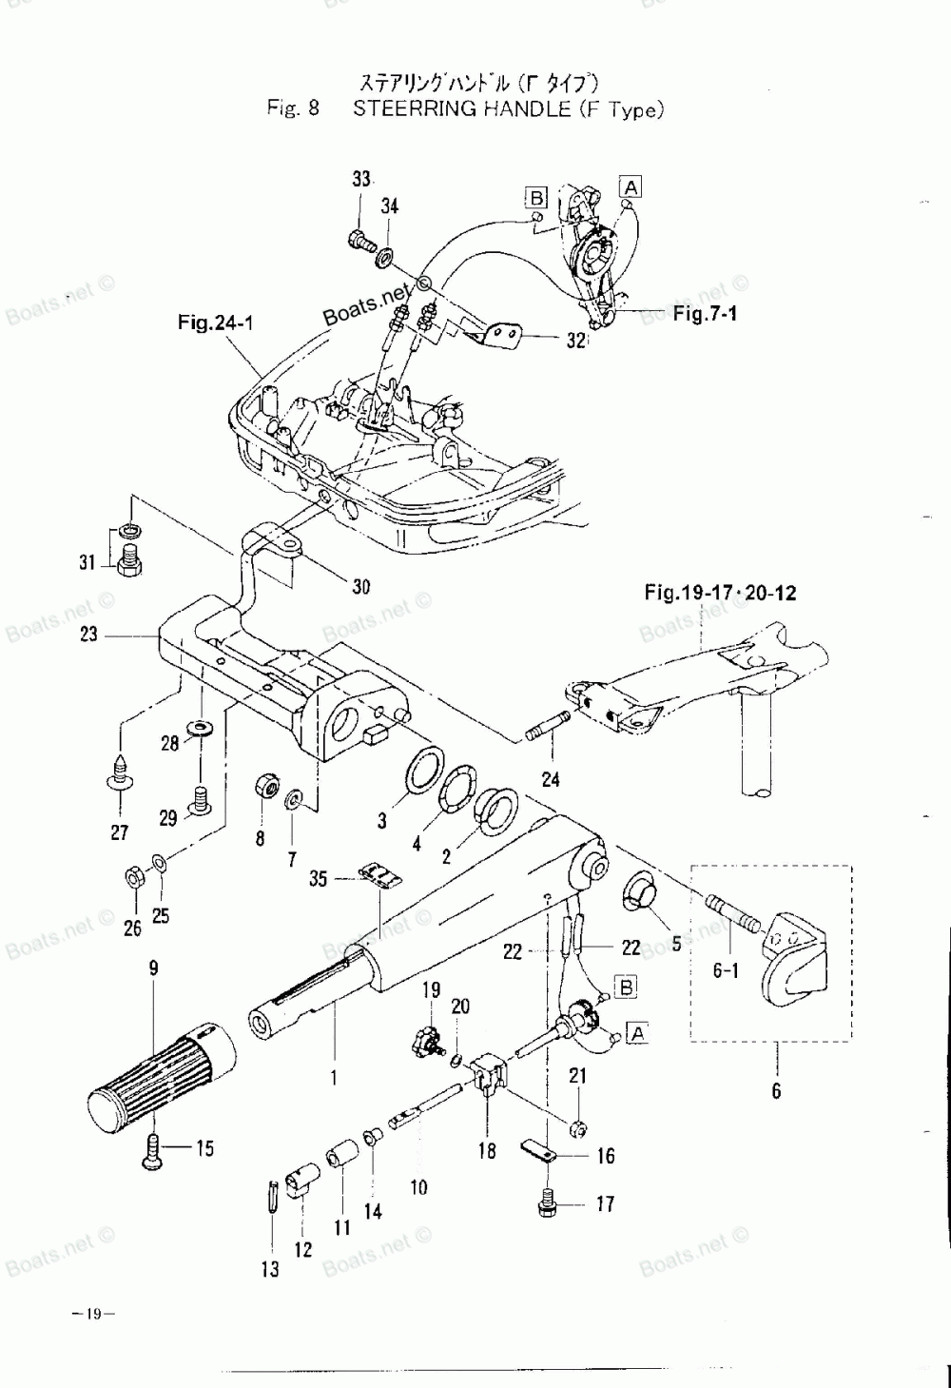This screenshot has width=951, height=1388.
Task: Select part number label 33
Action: point(361,180)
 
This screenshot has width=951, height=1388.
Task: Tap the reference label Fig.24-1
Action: point(215,323)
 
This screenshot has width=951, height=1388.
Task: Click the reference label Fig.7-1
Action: point(705,314)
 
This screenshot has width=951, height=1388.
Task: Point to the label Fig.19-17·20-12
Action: point(720,594)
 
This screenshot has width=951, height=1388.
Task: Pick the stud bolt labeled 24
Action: point(546,727)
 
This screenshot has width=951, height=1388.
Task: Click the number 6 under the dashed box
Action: point(776,1091)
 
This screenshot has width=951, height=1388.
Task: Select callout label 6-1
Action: point(725,971)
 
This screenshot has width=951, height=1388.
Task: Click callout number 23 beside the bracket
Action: point(88,634)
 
